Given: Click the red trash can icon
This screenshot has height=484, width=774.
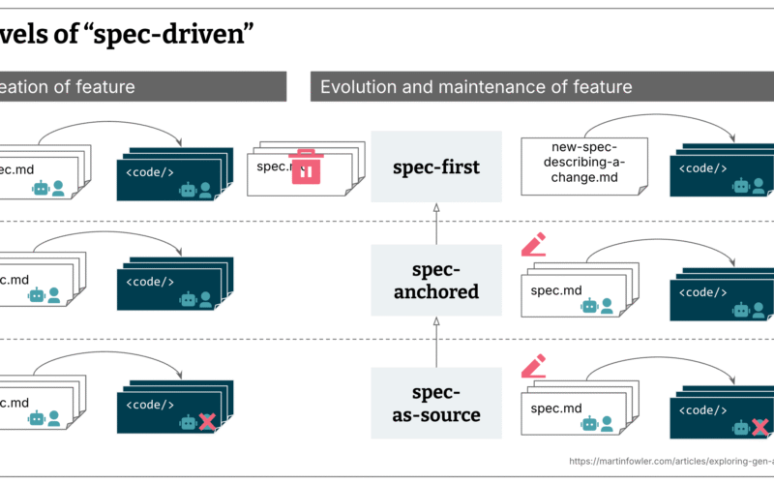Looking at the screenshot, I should click(306, 166).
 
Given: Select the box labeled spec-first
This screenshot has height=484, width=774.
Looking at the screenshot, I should click(436, 166).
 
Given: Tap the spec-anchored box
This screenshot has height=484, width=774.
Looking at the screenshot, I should click(436, 280).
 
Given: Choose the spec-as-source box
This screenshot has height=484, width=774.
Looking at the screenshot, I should click(436, 404).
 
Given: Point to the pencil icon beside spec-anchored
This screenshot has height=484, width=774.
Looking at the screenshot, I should click(533, 244).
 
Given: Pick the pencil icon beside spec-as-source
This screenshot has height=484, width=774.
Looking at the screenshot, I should click(533, 365).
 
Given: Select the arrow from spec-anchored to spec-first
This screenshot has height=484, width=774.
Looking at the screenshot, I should click(436, 224).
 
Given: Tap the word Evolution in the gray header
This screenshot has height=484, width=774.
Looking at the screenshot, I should click(356, 87).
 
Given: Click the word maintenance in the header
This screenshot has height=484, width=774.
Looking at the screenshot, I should click(470, 87).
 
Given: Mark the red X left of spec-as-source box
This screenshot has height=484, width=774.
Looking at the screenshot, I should click(206, 422).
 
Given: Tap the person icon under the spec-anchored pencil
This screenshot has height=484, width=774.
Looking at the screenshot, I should click(607, 306).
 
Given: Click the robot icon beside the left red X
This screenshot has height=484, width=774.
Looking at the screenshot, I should click(188, 422).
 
